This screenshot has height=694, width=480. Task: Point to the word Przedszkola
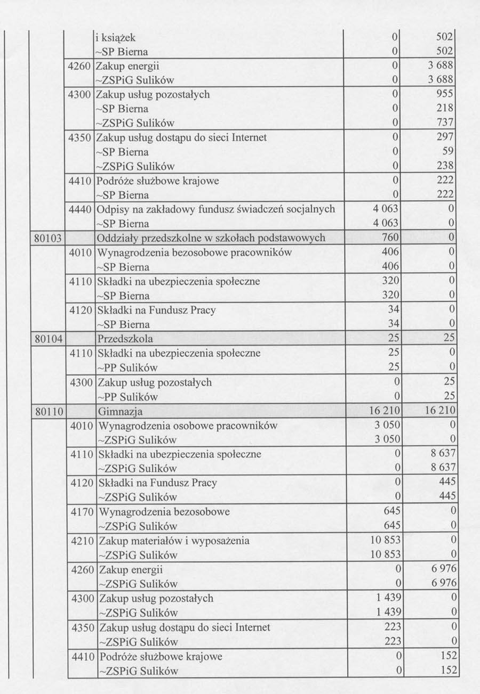(125, 339)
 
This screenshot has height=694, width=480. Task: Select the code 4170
(83, 512)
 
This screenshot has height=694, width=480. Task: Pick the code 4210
(83, 541)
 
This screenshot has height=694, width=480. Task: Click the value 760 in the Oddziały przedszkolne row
(391, 238)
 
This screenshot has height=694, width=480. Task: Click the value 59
(447, 152)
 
